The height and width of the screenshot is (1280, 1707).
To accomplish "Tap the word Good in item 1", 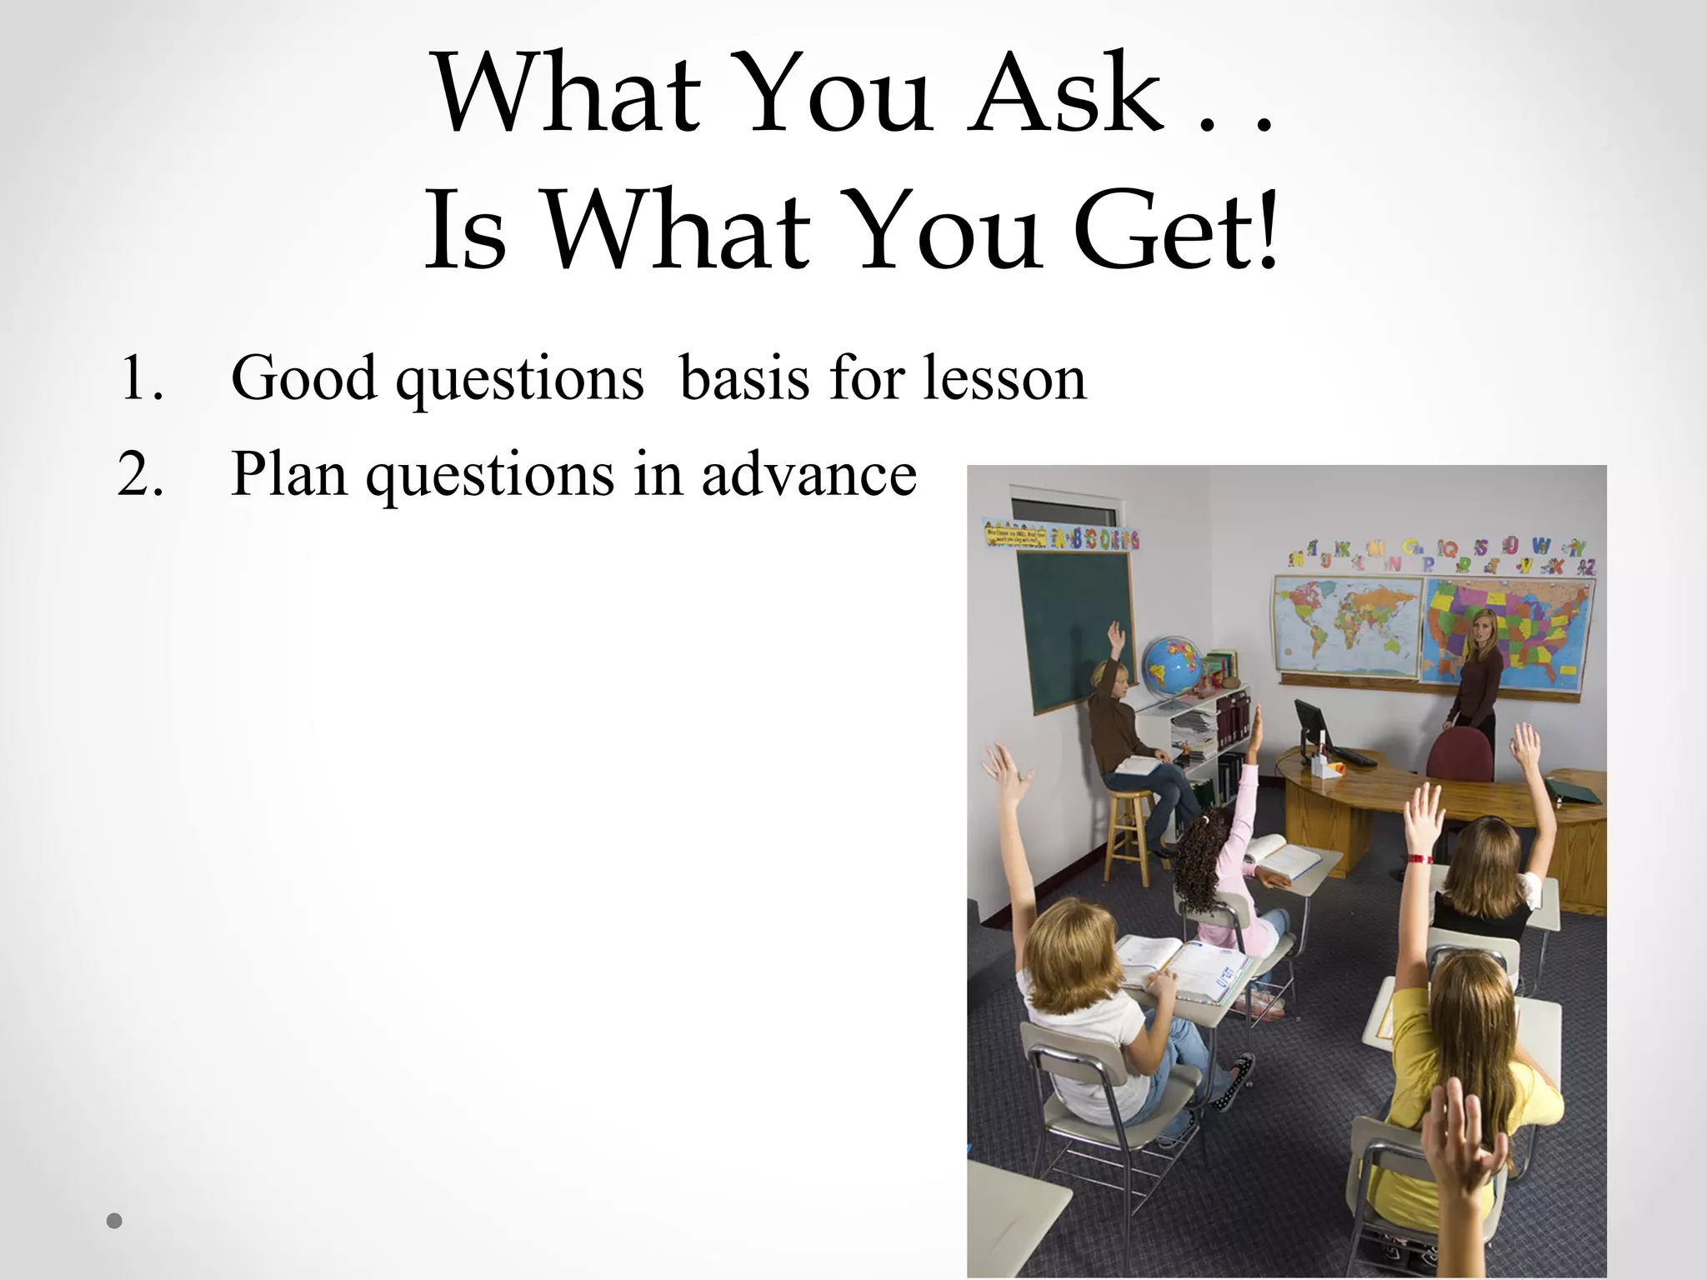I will (x=303, y=379).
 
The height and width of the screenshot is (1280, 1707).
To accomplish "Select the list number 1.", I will (x=140, y=379).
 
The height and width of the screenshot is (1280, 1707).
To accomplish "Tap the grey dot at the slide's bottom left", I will (x=115, y=1222).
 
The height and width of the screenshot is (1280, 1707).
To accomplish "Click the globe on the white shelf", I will (x=1172, y=667).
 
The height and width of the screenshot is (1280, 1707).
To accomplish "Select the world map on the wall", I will (x=1345, y=625).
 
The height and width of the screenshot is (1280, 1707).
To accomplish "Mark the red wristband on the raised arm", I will (x=1419, y=858).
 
